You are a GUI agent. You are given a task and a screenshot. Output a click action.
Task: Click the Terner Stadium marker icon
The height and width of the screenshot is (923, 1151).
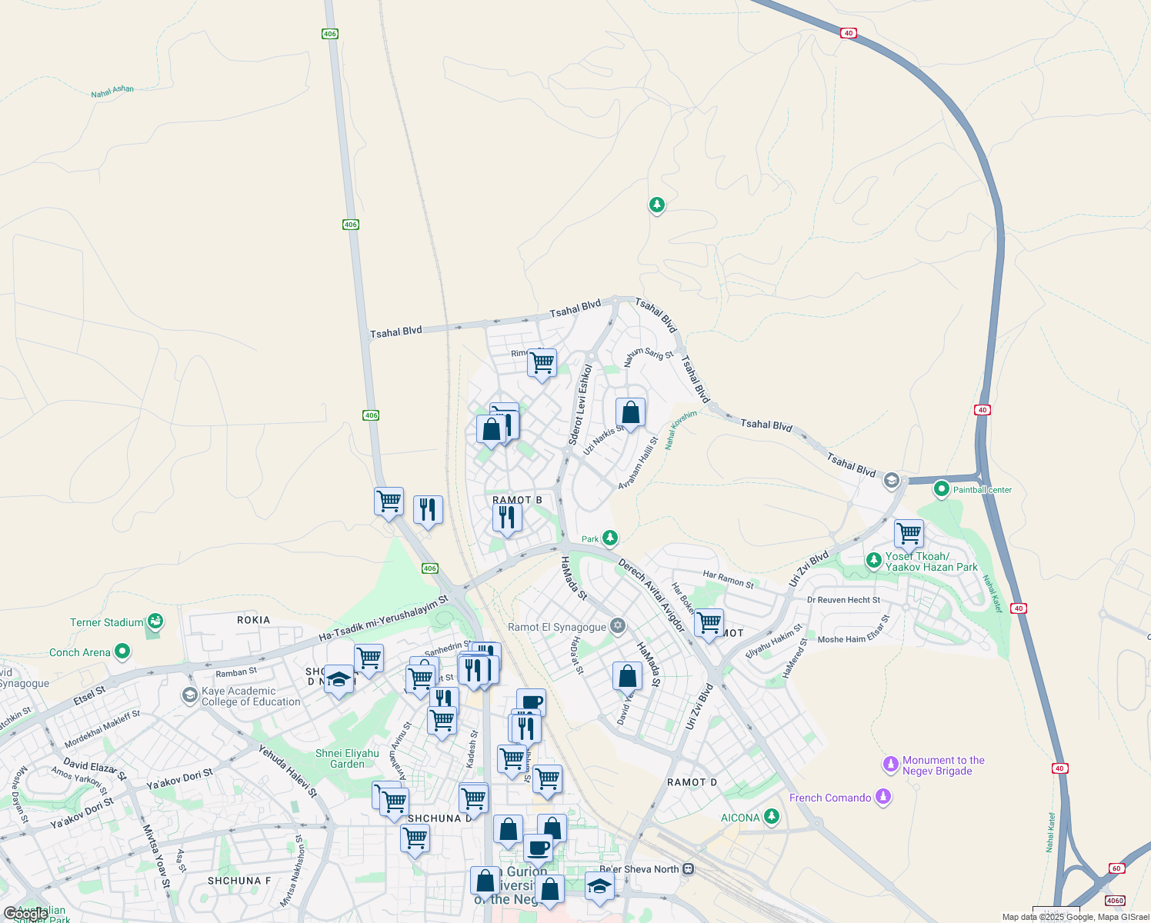(x=155, y=620)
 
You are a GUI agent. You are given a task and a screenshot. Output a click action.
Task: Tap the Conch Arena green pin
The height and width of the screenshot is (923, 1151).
(x=122, y=652)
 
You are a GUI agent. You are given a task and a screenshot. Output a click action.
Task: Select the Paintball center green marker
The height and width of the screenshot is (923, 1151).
(x=941, y=489)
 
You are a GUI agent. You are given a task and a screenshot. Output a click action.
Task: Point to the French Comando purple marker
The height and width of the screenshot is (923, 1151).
(x=883, y=797)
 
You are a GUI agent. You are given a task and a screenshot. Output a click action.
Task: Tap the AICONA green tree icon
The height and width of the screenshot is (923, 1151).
(x=772, y=817)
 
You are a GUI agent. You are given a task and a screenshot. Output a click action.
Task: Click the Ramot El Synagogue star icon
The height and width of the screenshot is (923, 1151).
(x=617, y=626)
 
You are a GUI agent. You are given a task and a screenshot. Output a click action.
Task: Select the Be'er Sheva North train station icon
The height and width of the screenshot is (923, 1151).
(x=689, y=869)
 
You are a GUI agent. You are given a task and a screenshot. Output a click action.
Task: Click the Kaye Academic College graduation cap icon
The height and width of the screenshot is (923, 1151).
(x=189, y=695)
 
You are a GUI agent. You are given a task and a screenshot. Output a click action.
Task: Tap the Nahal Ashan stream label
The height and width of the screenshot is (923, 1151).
(x=112, y=92)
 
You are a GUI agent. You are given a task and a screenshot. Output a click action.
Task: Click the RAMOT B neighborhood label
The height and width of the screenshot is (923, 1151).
(x=517, y=500)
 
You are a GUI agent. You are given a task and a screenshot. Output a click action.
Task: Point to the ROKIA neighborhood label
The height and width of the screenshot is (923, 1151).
(x=253, y=620)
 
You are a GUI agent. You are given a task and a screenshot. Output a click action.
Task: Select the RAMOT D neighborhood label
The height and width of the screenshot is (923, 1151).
(x=692, y=782)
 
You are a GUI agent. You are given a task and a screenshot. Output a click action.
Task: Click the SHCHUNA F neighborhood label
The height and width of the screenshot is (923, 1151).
(x=239, y=881)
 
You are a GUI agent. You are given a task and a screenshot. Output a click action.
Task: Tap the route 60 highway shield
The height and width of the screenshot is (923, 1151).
(x=1116, y=868)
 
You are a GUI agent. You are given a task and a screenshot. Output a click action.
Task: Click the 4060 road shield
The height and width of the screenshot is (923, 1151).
(x=1114, y=900)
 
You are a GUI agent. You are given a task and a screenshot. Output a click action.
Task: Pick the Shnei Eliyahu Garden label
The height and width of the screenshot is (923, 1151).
(x=347, y=758)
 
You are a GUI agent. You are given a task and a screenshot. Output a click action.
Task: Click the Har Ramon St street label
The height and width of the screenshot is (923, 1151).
(x=728, y=578)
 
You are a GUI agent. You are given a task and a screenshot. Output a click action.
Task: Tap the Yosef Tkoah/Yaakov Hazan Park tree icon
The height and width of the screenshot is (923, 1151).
(x=873, y=560)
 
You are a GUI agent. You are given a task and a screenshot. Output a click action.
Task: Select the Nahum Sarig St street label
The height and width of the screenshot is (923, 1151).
(x=648, y=358)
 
